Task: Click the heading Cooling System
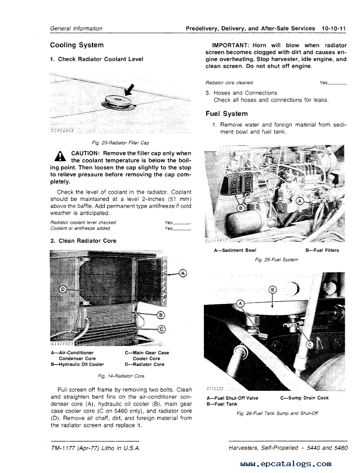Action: click(77, 45)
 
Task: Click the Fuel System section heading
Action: click(226, 113)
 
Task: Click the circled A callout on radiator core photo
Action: click(183, 274)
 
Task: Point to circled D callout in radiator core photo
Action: click(63, 289)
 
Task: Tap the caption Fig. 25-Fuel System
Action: click(276, 260)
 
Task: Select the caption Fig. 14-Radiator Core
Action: click(121, 376)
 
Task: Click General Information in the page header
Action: click(76, 28)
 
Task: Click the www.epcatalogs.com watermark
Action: click(285, 464)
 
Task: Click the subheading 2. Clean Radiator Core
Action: click(83, 240)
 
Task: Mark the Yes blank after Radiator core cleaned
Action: click(332, 82)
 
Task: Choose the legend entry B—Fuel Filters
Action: click(322, 250)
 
